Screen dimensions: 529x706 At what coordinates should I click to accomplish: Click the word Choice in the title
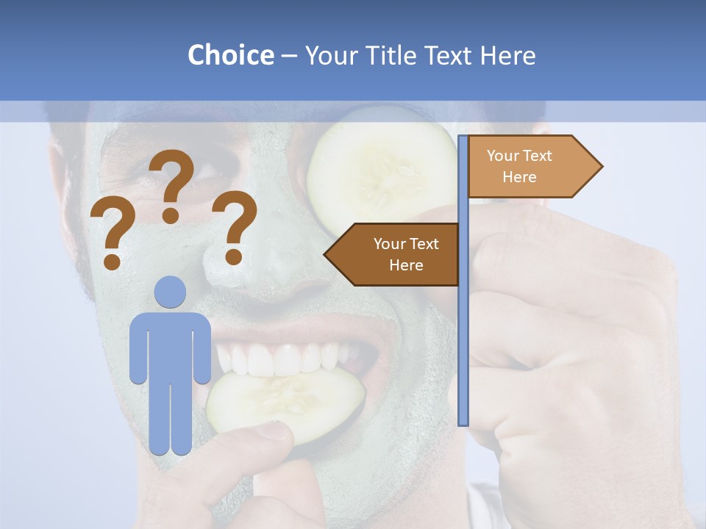tap(230, 56)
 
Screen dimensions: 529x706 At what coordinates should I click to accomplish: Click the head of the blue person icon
tap(170, 292)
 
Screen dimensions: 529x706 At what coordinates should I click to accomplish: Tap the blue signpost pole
tap(463, 331)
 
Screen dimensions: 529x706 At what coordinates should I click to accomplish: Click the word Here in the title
tap(507, 56)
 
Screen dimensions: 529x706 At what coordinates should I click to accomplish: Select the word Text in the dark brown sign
tap(423, 244)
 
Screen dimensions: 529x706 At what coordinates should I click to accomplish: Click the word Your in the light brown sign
tap(503, 156)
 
